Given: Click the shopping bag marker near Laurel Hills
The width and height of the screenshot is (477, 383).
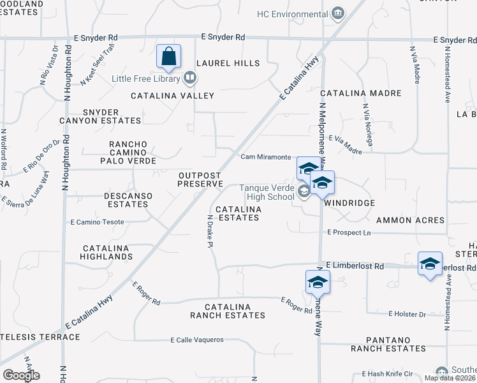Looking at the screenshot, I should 168,56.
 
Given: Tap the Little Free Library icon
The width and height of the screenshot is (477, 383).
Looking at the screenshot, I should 189,79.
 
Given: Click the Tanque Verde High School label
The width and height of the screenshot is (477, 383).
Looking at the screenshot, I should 267,192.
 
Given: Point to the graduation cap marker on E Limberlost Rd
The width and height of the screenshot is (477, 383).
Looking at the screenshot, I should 430,264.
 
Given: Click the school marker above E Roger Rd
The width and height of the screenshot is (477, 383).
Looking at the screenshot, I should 317,282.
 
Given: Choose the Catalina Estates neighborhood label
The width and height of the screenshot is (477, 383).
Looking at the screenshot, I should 237,213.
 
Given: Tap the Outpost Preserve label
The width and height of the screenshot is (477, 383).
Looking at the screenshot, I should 200,179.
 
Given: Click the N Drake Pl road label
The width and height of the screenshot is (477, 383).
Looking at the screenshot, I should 209,232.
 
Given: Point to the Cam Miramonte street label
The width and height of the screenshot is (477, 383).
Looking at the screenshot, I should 266,157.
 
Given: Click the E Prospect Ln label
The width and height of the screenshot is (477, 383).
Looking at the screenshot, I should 348,233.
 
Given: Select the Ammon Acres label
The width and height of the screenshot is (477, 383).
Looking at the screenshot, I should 410,220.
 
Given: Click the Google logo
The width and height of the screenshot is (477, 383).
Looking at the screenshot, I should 21,375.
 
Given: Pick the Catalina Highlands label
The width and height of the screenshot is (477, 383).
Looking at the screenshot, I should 106,252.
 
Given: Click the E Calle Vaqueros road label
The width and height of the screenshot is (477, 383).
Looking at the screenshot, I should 197,340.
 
